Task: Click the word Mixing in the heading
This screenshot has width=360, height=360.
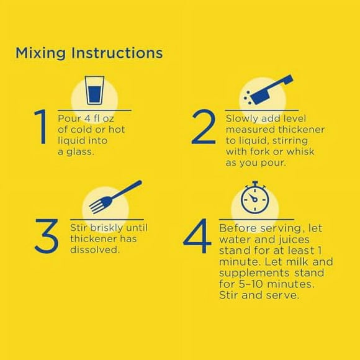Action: [40, 53]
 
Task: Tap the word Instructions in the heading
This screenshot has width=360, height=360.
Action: [117, 53]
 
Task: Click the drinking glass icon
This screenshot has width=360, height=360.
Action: [94, 90]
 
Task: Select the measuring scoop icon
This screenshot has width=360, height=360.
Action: [269, 89]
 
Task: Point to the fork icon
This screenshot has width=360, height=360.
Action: [115, 197]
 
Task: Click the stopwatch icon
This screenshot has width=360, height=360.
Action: [255, 197]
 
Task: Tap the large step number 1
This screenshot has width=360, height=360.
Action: [41, 127]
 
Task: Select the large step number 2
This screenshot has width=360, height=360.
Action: [204, 127]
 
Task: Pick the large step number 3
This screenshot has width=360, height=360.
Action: [47, 236]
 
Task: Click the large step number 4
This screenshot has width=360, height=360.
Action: [197, 236]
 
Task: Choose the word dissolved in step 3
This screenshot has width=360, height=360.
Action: [95, 250]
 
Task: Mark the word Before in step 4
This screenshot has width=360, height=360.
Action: [238, 228]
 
